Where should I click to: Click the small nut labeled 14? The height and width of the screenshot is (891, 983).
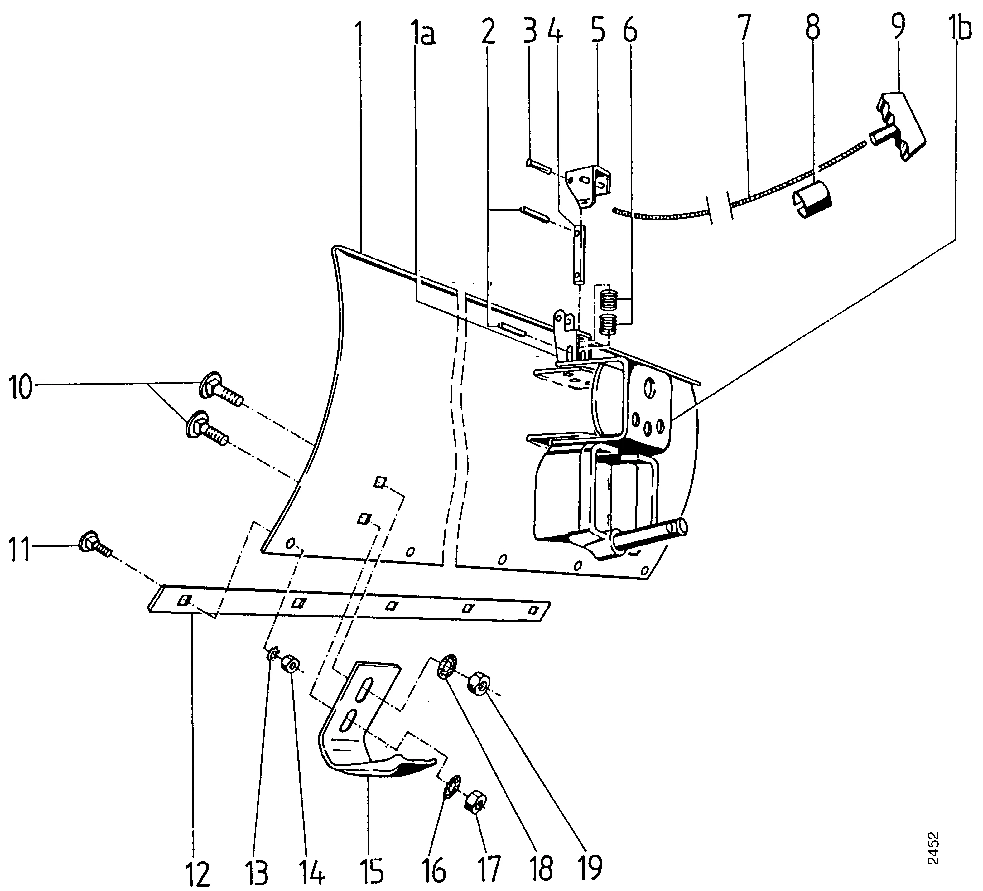tap(291, 664)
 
